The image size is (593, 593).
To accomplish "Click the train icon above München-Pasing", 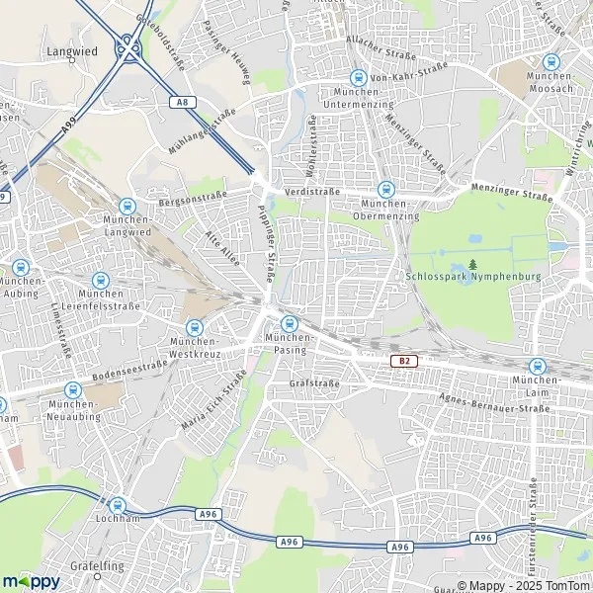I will (x=290, y=324).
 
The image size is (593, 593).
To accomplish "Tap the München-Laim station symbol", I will (x=537, y=366).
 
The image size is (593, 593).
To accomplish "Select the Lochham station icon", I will (x=119, y=504).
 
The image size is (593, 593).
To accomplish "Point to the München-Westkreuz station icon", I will (x=194, y=327).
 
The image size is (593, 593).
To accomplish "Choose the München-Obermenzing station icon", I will (x=385, y=189).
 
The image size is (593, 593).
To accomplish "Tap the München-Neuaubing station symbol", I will (x=71, y=390).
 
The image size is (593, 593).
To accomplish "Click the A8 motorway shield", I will (x=179, y=101).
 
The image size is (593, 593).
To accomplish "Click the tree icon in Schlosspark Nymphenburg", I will (x=473, y=264).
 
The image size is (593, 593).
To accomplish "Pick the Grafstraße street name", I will (x=314, y=383).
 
